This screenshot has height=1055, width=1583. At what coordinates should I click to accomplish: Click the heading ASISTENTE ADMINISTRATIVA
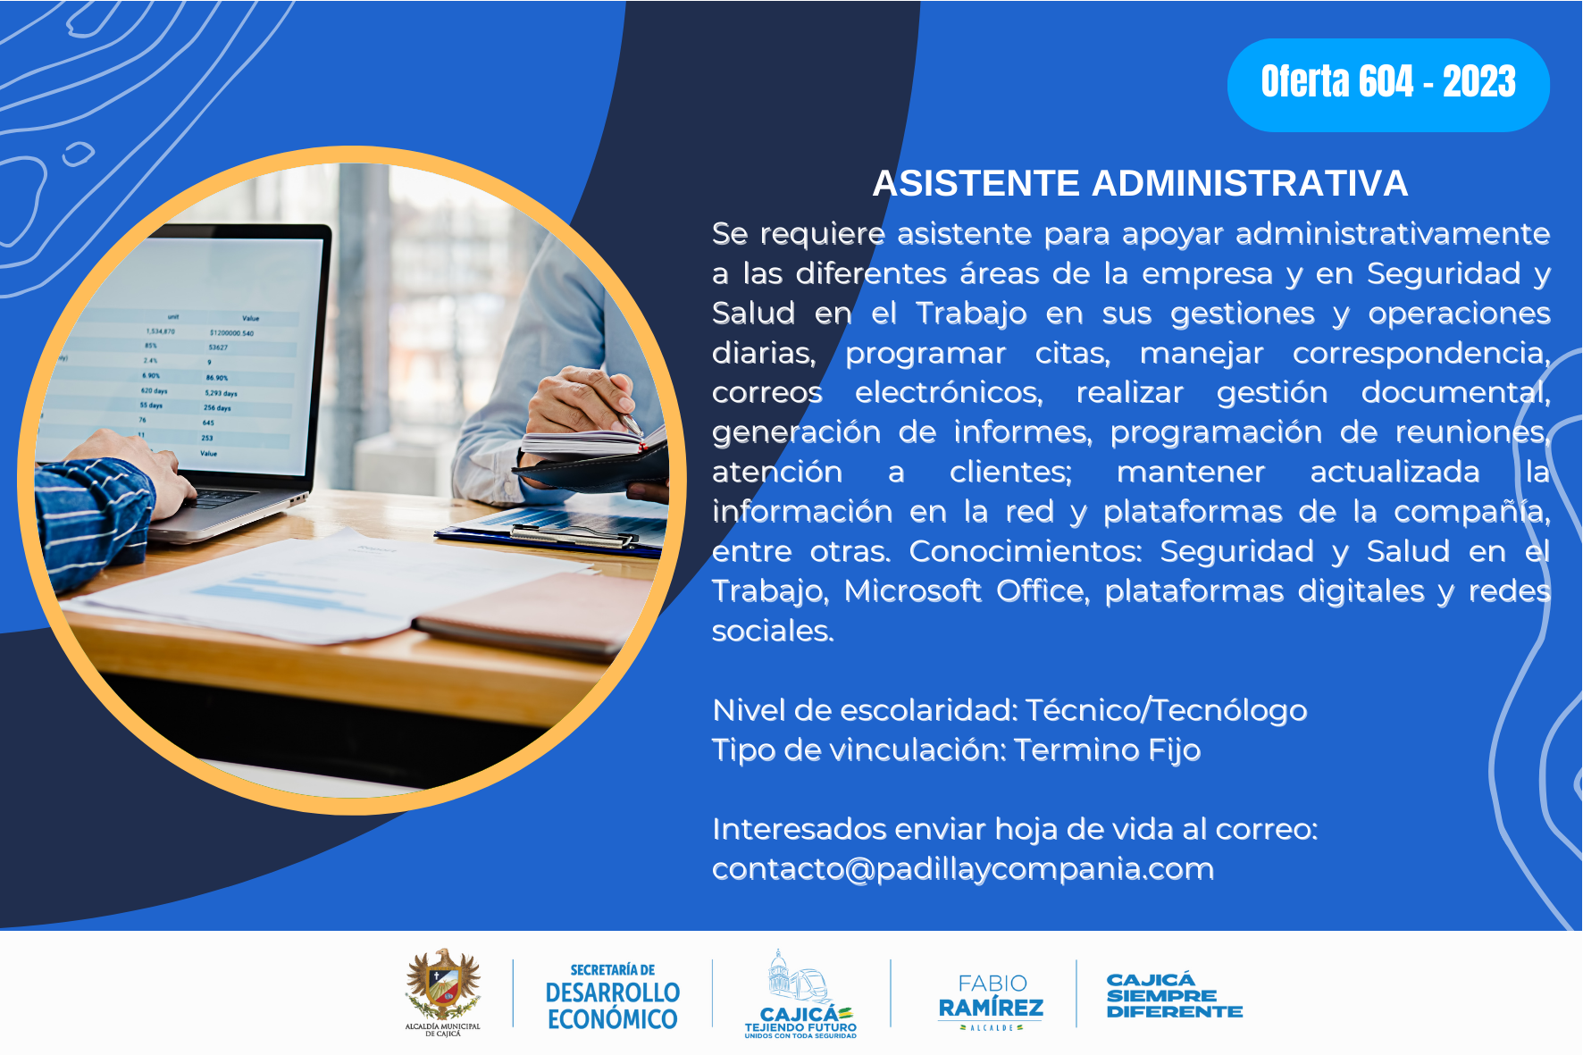pos(1140,183)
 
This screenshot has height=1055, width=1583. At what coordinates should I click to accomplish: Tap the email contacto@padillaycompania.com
pos(963,869)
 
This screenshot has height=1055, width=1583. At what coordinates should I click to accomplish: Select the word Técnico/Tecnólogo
pos(1166,710)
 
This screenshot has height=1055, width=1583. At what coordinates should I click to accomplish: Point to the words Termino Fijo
pos(1107,750)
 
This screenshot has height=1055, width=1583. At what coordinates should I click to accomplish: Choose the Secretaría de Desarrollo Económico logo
pos(613,997)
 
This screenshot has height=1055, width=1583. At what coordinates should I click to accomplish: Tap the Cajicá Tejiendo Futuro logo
pos(800,994)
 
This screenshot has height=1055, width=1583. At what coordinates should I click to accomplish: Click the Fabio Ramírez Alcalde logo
pos(991,1001)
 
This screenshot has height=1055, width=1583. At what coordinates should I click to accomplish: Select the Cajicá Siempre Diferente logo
pos(1174,995)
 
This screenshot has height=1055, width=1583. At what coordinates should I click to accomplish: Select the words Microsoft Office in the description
pos(967,591)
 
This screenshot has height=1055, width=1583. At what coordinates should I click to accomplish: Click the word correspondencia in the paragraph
pos(1421,354)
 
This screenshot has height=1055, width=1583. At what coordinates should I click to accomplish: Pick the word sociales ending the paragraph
pos(773,632)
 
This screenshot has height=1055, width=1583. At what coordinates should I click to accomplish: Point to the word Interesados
pos(799,830)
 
